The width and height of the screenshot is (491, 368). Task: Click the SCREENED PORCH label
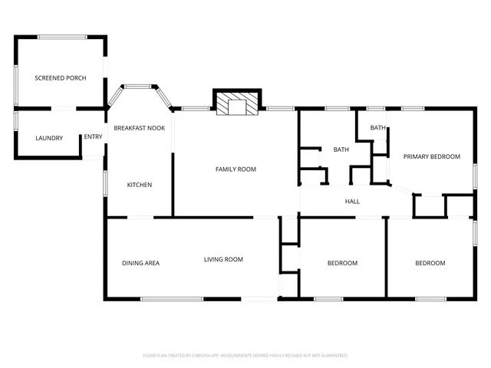pyautogui.click(x=60, y=78)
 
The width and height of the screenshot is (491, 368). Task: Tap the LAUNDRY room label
pyautogui.click(x=49, y=138)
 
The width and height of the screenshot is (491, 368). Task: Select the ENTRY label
pyautogui.click(x=93, y=137)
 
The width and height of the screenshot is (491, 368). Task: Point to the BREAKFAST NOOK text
pyautogui.click(x=140, y=128)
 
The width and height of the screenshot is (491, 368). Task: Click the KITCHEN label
pyautogui.click(x=139, y=185)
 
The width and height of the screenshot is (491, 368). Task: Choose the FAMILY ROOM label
pyautogui.click(x=236, y=169)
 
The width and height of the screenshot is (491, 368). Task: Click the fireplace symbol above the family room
pyautogui.click(x=238, y=105)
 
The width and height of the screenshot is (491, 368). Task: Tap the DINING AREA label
pyautogui.click(x=140, y=263)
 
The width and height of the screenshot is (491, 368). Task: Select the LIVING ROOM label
pyautogui.click(x=223, y=259)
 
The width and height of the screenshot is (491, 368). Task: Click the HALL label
pyautogui.click(x=352, y=202)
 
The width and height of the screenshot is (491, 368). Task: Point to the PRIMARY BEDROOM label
pyautogui.click(x=431, y=156)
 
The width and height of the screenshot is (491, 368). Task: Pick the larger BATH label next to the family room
pyautogui.click(x=341, y=149)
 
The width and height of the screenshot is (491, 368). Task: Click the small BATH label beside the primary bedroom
pyautogui.click(x=378, y=128)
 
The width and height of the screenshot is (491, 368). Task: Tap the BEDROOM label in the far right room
pyautogui.click(x=430, y=263)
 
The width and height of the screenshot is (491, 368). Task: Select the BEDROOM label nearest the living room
pyautogui.click(x=342, y=263)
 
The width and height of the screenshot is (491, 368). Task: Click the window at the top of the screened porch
pyautogui.click(x=62, y=36)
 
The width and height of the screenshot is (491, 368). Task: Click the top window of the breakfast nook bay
pyautogui.click(x=139, y=86)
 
